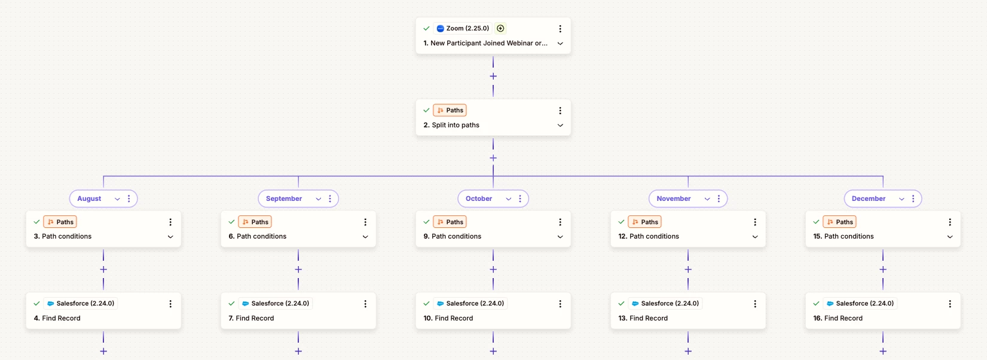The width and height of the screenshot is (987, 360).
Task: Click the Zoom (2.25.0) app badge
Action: tap(463, 28)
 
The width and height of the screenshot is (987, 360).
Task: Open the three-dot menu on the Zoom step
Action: tap(560, 29)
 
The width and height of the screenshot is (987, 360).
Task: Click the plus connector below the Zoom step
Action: tap(493, 76)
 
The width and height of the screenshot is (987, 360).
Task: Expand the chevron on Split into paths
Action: tap(560, 125)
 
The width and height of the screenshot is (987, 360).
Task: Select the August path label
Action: tap(89, 199)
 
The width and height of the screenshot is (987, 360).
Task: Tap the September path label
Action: tap(284, 199)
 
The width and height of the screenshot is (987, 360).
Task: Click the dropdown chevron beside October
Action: tap(509, 199)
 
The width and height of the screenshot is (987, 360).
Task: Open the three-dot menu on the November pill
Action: tap(719, 199)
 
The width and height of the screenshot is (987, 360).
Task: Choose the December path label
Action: tap(869, 199)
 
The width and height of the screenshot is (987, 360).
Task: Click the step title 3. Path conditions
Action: tap(63, 236)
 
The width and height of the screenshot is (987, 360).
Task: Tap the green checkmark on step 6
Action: tap(231, 222)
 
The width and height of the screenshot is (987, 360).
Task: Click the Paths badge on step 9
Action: tap(450, 222)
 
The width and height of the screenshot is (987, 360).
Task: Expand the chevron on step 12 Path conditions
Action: tap(755, 237)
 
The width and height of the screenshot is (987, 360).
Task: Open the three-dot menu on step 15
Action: tap(949, 222)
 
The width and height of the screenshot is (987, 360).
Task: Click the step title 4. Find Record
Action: tap(57, 318)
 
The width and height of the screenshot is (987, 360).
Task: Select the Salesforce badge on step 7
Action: tap(276, 303)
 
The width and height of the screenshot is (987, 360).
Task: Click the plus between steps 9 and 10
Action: tap(493, 269)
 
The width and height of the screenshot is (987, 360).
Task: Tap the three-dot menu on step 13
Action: tap(755, 304)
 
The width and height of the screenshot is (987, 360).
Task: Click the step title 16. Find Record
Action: tap(838, 318)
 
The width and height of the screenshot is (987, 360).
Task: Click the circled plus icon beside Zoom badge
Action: tap(500, 28)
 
